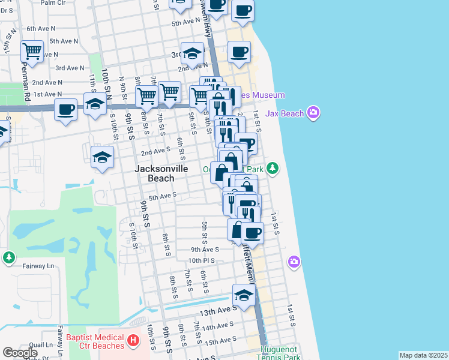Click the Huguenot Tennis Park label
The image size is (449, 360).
280,353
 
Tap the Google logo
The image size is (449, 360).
20,353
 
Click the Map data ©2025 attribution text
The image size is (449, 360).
423,355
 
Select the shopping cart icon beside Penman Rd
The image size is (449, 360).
32,52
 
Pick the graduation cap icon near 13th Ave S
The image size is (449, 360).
243,295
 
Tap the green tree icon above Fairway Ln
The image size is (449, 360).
8,257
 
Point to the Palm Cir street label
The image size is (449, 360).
54,3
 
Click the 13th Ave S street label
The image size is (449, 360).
215,313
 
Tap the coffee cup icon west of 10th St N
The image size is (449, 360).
66,110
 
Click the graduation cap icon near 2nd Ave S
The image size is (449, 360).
103,157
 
